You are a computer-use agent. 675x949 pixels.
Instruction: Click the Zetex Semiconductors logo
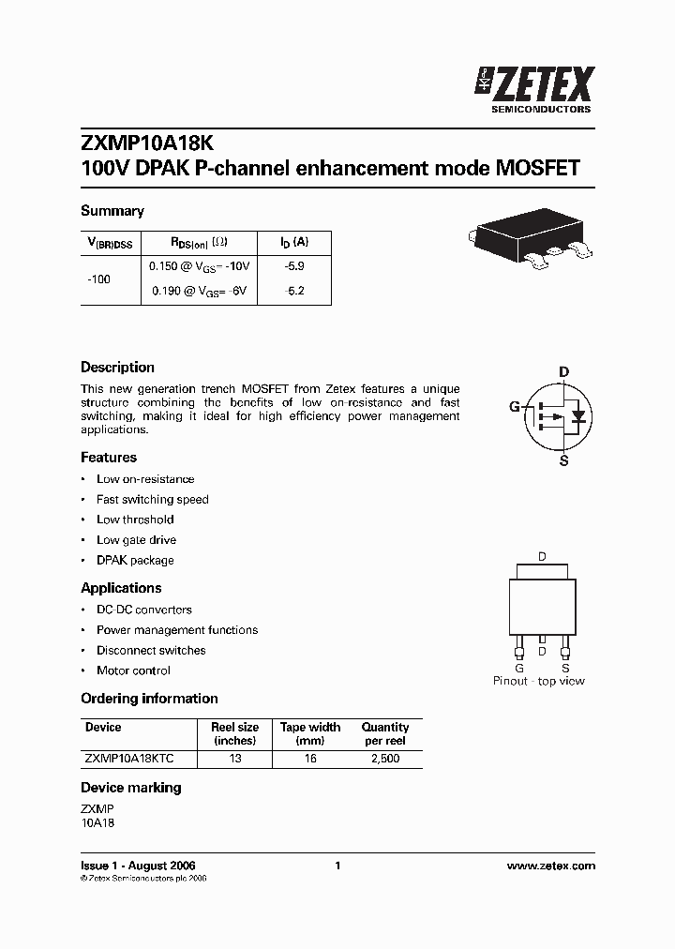point(534,89)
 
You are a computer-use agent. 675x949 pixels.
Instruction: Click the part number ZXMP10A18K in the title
point(147,143)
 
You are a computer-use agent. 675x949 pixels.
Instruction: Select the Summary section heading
point(112,211)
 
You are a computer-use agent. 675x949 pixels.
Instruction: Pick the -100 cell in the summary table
point(98,279)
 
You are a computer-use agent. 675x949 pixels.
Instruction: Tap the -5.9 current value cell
point(294,266)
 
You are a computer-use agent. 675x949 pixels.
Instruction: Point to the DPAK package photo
point(530,240)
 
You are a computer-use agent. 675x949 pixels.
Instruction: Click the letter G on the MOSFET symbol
point(514,407)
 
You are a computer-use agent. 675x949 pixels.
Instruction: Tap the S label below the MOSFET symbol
point(563,460)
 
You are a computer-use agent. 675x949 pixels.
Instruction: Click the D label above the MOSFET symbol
point(563,372)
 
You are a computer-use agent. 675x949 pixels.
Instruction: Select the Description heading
point(117,368)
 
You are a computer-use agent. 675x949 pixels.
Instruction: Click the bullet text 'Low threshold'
point(135,520)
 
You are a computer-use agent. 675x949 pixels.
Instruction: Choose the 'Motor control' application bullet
point(133,670)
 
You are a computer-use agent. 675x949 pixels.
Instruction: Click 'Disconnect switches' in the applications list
point(151,650)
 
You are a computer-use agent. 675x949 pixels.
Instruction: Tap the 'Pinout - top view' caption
point(539,681)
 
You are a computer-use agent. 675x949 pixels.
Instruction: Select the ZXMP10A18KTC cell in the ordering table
point(128,758)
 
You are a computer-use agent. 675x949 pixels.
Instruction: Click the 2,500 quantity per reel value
point(384,758)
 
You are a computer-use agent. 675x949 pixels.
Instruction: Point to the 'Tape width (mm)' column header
point(310,733)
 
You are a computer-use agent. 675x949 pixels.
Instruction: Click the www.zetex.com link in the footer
point(550,866)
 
